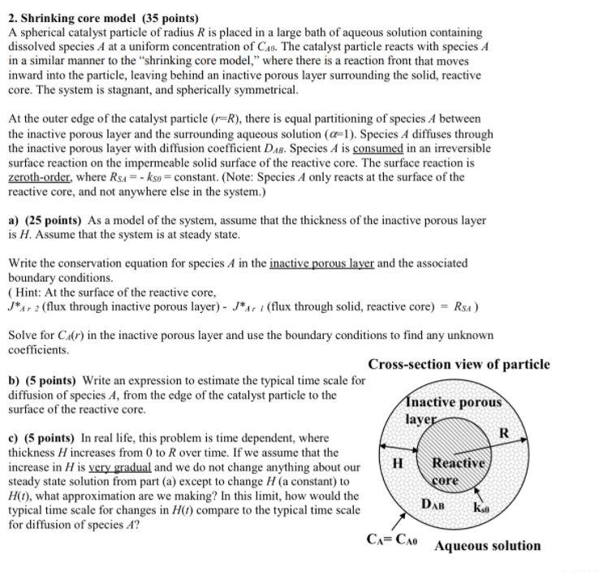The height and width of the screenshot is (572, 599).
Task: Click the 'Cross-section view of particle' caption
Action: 459,365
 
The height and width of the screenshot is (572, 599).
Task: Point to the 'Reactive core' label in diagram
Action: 458,470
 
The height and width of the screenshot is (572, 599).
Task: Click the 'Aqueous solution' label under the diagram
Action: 487,545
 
